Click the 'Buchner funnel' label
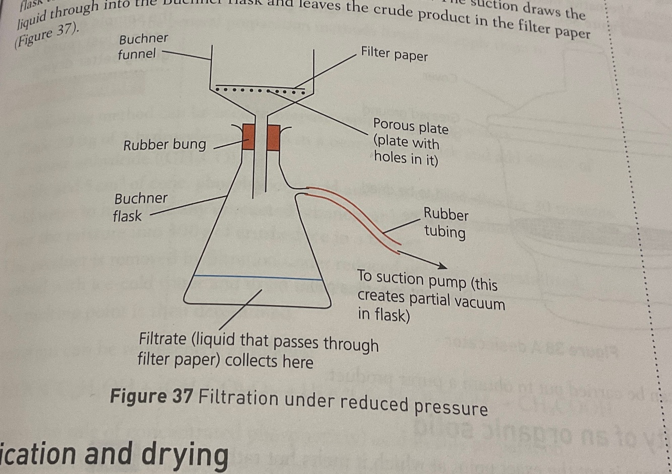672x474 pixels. click(x=143, y=46)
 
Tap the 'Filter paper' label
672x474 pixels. click(x=394, y=54)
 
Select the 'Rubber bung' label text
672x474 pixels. click(x=165, y=145)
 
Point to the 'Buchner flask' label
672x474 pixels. click(x=140, y=207)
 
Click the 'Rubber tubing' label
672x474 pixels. click(x=445, y=222)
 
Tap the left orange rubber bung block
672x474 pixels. click(x=249, y=137)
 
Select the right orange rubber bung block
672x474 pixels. click(x=274, y=137)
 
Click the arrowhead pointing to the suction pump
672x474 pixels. click(x=442, y=266)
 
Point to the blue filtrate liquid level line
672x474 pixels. click(x=257, y=277)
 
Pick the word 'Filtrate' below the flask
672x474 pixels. click(x=162, y=338)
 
